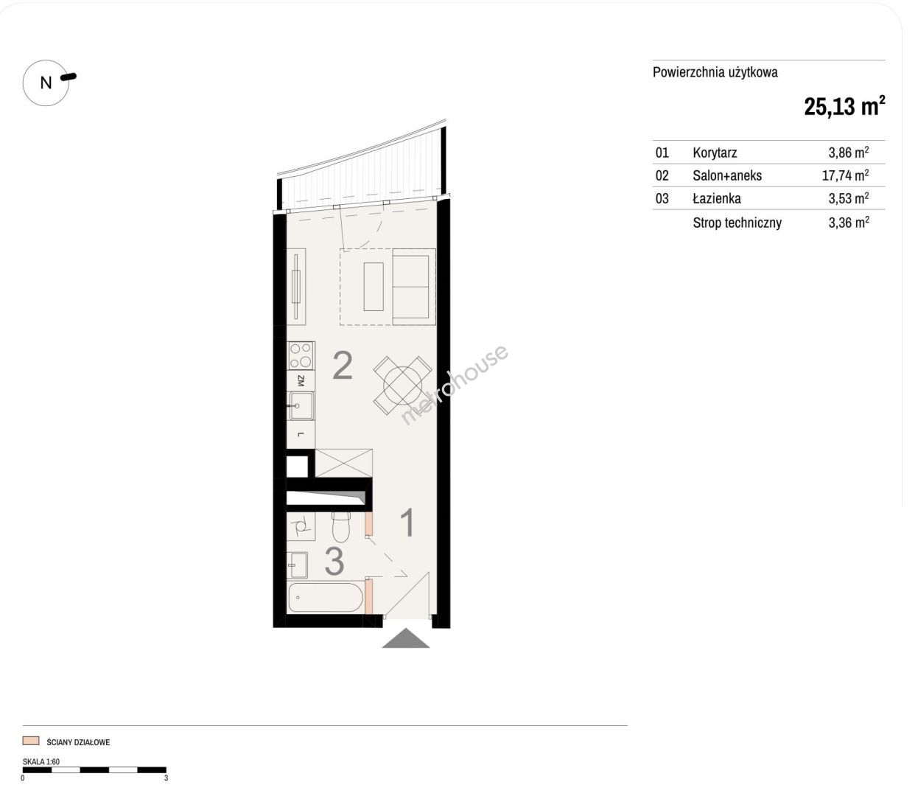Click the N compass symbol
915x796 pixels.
(x=46, y=83)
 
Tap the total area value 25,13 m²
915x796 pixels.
(x=844, y=107)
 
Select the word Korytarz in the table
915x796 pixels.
(x=715, y=153)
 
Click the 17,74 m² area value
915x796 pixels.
(x=845, y=175)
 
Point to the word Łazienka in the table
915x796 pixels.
(x=716, y=198)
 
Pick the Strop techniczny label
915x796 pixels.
(x=737, y=223)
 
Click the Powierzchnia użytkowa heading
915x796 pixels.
(x=715, y=72)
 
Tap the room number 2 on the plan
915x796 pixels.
(x=343, y=366)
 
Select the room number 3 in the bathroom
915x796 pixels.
(x=334, y=561)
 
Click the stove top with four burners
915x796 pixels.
(x=301, y=356)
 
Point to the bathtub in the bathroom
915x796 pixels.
(x=325, y=597)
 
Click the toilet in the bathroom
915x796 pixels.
(x=342, y=526)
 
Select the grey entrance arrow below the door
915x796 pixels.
(x=406, y=638)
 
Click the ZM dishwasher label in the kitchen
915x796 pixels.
(x=301, y=381)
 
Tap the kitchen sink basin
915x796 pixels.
(x=301, y=406)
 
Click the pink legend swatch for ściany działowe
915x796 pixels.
(x=31, y=741)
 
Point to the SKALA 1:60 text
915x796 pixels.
(x=41, y=761)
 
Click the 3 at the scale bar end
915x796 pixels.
(x=166, y=778)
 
